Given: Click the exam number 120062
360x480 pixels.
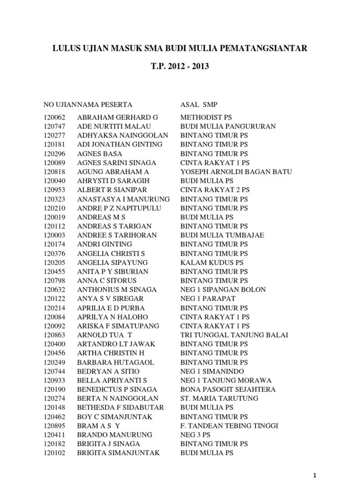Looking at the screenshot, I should pos(55,117).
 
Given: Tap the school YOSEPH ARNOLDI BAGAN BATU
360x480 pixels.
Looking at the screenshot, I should pos(236,172).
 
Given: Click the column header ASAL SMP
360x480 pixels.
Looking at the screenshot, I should pos(199,104).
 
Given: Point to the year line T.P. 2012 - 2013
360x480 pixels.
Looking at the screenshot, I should pos(180,67).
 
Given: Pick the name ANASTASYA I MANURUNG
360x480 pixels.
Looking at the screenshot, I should pos(123,199).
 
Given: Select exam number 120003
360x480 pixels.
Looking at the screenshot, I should pos(55,235).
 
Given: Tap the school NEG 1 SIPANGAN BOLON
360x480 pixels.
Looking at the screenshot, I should pos(223,289).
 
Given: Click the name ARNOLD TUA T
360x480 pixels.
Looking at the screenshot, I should pos(105,335).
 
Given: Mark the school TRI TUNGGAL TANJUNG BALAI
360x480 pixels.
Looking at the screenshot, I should pos(234,335).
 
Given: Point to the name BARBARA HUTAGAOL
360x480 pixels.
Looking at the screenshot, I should pos(115,362).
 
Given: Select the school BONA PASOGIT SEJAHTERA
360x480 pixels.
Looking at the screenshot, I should pos(228,389).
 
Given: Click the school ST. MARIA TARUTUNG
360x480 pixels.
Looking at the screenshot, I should pos(219,398).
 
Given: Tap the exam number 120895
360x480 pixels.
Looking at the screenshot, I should pos(55,426).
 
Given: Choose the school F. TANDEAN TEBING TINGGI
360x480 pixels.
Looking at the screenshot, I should pos(229,426).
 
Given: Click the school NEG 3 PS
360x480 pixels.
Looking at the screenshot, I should pos(195,435).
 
